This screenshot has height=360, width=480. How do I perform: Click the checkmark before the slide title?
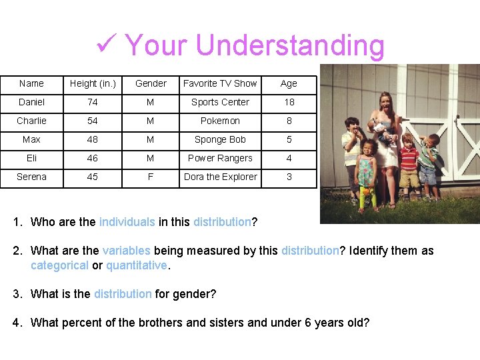point(107,45)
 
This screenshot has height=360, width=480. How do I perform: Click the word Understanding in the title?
point(290,45)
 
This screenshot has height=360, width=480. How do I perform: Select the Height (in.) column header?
point(93,83)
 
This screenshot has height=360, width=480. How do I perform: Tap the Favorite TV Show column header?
point(220,83)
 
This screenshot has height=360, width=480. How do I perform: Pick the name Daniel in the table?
point(31,102)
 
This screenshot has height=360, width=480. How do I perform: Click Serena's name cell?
point(31,177)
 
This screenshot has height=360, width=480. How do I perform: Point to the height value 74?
point(93,102)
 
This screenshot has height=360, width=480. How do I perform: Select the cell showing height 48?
point(93,139)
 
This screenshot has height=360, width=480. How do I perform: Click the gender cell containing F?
point(151,177)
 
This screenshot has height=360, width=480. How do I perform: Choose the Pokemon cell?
point(220,121)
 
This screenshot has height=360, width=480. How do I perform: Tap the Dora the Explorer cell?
point(220,177)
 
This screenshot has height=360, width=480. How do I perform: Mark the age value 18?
point(289,102)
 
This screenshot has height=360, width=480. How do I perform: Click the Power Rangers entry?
point(220,158)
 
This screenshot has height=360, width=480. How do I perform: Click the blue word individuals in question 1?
point(127,222)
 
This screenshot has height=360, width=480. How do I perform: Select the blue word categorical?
point(59,265)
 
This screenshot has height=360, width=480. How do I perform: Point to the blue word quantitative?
point(137,265)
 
